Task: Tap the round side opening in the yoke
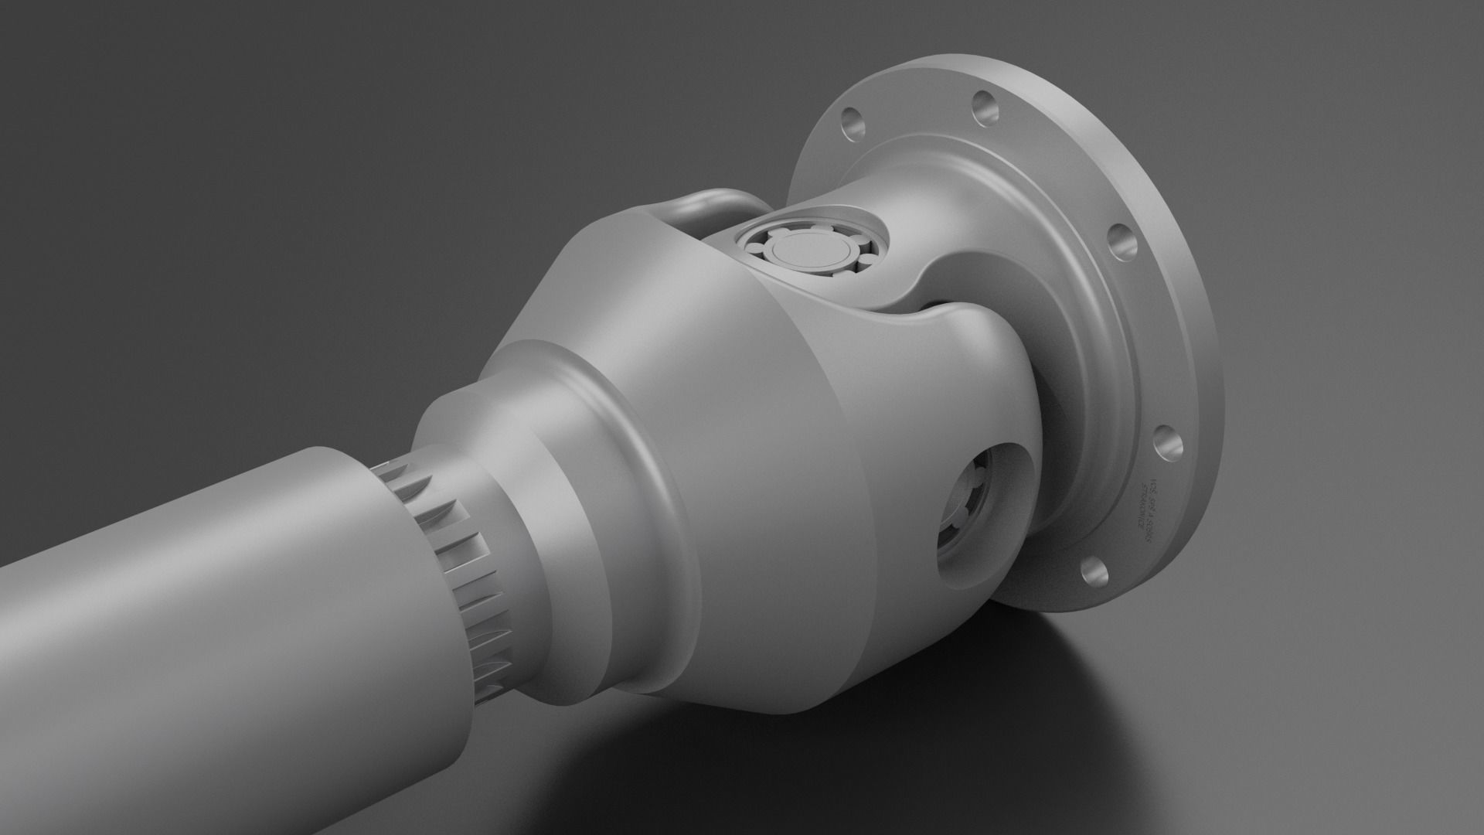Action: point(985,514)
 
